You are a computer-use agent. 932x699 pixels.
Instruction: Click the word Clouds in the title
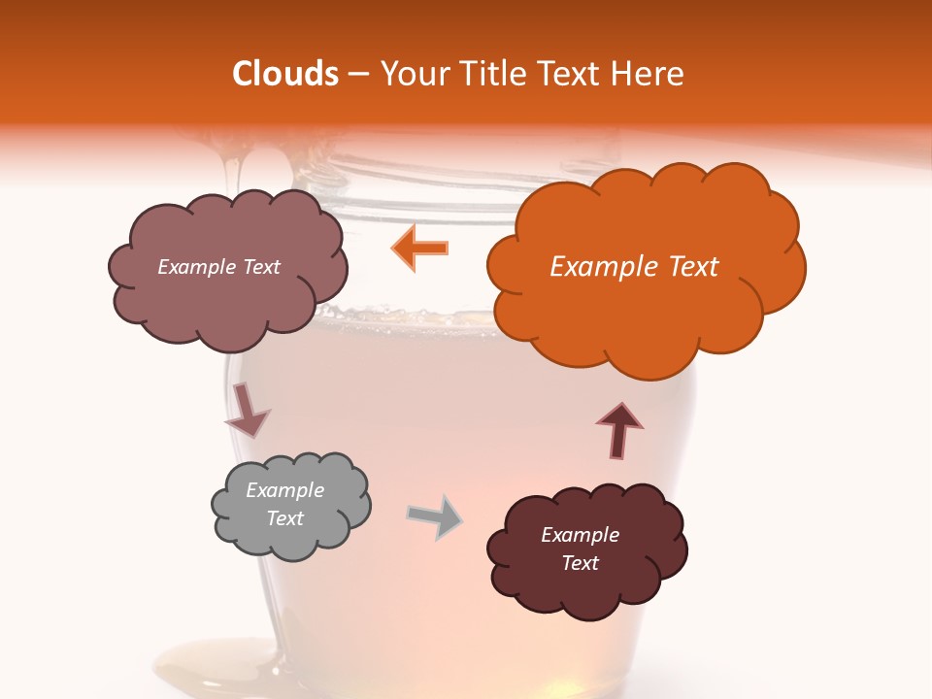285,74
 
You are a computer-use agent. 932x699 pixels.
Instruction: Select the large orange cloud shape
645,311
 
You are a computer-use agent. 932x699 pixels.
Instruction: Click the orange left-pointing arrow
419,248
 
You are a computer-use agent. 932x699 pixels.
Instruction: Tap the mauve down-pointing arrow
247,410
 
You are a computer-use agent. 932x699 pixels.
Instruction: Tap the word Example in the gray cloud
285,490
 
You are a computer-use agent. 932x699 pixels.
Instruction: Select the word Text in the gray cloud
285,518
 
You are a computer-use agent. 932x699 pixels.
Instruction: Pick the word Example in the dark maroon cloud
580,535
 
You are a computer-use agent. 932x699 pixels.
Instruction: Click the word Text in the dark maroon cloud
580,563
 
